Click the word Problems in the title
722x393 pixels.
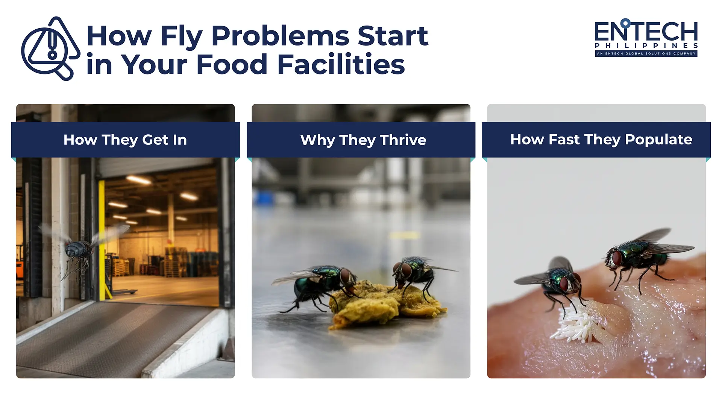click(280, 36)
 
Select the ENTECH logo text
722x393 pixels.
click(646, 32)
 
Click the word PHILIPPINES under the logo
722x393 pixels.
click(646, 46)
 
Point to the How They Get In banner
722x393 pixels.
click(125, 140)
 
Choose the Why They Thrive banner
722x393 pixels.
click(363, 140)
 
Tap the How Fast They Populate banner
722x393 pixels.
click(601, 140)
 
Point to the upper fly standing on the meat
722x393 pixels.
click(639, 256)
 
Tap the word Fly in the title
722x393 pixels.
click(182, 37)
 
